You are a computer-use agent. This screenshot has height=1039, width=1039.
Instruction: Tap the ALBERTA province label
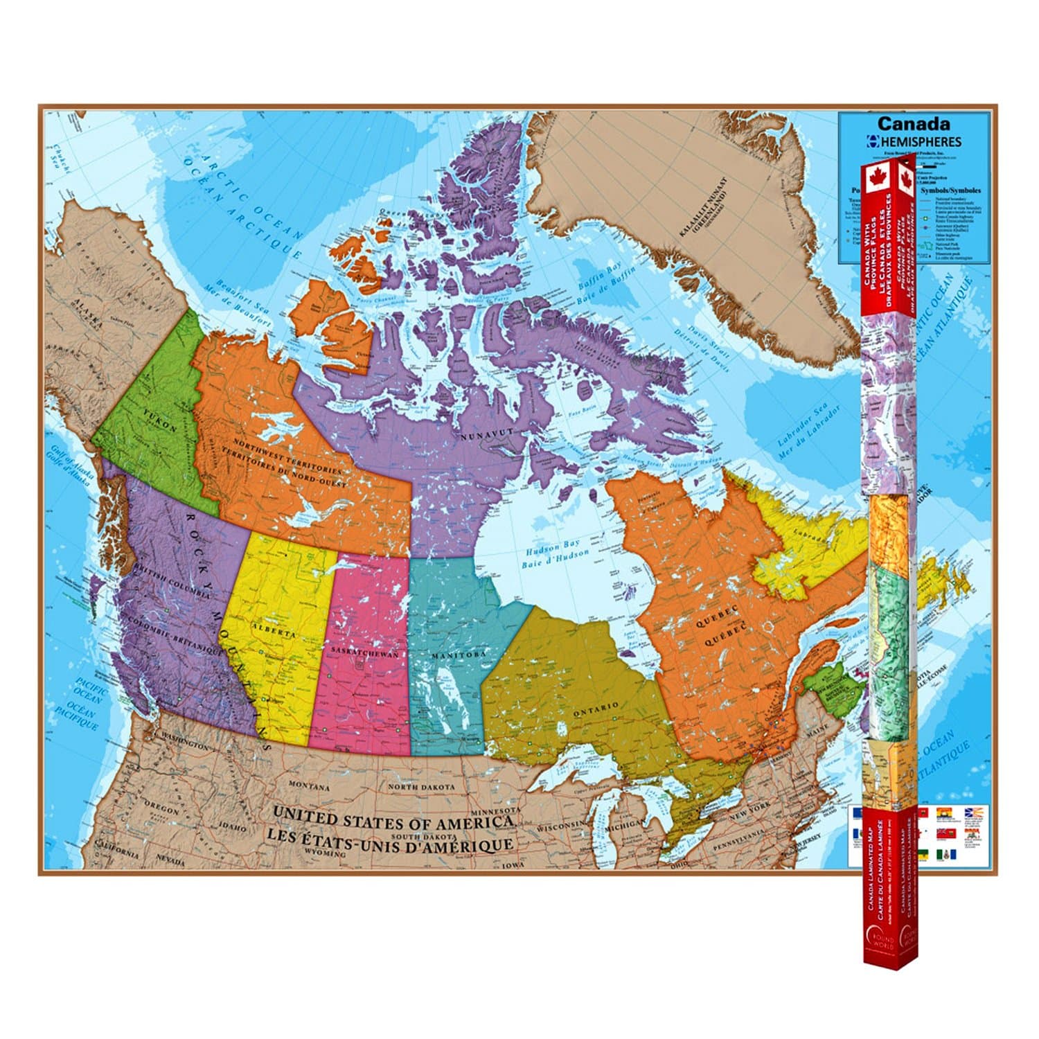pyautogui.click(x=274, y=630)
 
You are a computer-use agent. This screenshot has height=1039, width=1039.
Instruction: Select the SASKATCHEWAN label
pyautogui.click(x=364, y=653)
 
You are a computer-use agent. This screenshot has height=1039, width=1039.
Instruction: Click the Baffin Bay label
pyautogui.click(x=596, y=283)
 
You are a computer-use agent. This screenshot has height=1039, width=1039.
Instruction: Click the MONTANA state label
pyautogui.click(x=309, y=787)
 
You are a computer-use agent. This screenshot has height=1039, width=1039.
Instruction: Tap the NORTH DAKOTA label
pyautogui.click(x=421, y=788)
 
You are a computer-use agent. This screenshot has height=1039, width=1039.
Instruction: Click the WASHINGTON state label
pyautogui.click(x=184, y=745)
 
